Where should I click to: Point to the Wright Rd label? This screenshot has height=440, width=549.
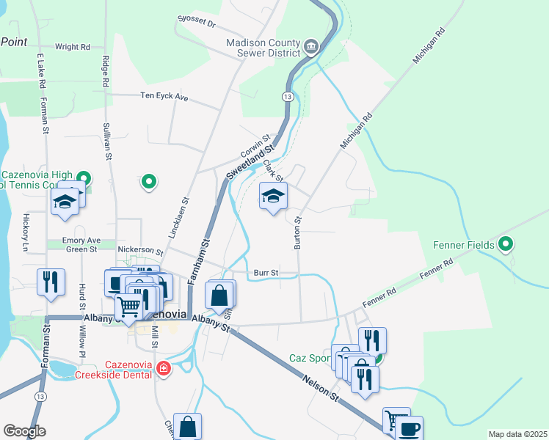coord(72,47)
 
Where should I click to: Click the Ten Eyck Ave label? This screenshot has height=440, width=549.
coord(164,96)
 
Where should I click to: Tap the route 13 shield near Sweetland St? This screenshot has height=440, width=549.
coord(288,97)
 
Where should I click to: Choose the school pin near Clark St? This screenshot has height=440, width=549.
coord(273,197)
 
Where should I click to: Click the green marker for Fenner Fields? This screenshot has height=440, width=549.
coord(506,243)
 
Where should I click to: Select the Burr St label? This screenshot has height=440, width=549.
coord(265,273)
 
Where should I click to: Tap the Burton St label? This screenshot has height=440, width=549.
coord(298,232)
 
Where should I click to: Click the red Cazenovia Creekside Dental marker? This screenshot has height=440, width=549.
coord(164,369)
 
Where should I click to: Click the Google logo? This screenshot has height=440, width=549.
coord(24,431)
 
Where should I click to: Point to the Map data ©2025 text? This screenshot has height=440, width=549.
coord(517,434)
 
